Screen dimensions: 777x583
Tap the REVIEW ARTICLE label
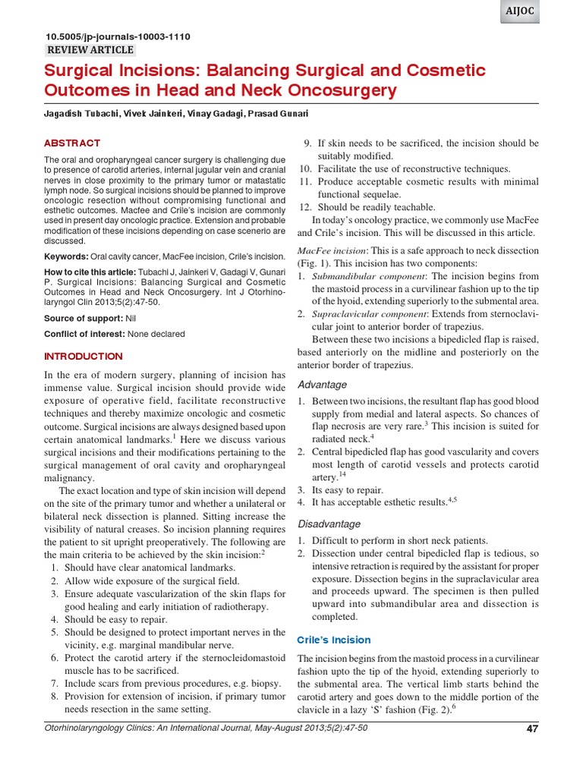click(x=90, y=50)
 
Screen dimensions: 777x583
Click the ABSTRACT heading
click(x=72, y=143)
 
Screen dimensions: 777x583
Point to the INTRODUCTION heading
click(x=84, y=356)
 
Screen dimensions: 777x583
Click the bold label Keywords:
click(x=66, y=256)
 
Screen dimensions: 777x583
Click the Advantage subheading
click(x=322, y=384)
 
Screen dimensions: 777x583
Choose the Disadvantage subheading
click(x=329, y=524)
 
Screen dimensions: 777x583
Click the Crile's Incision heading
click(x=334, y=640)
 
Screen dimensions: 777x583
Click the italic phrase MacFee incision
click(x=332, y=250)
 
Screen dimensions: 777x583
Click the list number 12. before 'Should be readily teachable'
click(x=305, y=207)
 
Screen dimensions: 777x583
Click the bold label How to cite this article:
click(x=90, y=272)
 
